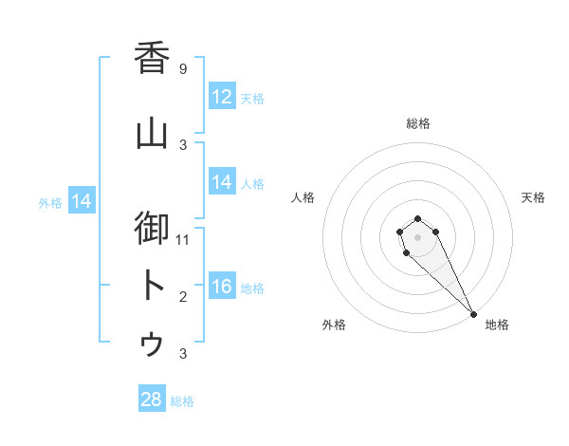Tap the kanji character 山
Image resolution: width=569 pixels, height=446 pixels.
(x=152, y=133)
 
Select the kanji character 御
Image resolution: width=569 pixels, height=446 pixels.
(x=152, y=229)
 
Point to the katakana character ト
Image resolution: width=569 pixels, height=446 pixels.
(x=152, y=286)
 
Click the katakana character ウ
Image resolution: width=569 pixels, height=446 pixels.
(x=152, y=343)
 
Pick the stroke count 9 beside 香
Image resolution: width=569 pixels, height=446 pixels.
(x=183, y=68)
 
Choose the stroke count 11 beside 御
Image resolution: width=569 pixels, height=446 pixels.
(x=183, y=240)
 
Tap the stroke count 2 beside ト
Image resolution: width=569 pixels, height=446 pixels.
(x=183, y=297)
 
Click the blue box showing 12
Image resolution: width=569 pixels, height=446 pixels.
(x=222, y=97)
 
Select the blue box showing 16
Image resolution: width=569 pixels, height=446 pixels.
(x=222, y=287)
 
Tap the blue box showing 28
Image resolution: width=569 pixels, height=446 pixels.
(x=152, y=400)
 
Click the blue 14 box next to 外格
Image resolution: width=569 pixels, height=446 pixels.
(x=81, y=201)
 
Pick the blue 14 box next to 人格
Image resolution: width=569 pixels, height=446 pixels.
(x=222, y=182)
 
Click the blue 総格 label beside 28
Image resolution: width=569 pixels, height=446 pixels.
(x=182, y=401)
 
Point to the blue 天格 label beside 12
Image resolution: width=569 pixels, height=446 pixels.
(x=251, y=99)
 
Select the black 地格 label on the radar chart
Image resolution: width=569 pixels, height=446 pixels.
(x=497, y=325)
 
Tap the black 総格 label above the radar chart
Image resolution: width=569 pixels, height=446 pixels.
(x=417, y=123)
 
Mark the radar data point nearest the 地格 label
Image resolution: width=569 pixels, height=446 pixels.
(x=473, y=314)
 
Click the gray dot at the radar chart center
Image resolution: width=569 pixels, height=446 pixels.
(x=417, y=237)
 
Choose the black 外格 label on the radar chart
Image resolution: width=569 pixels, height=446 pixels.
(x=334, y=325)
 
